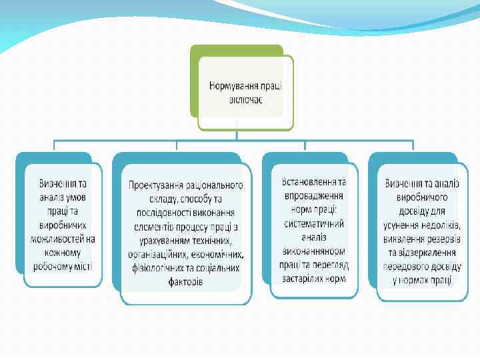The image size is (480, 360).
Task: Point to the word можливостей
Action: [x=57, y=239]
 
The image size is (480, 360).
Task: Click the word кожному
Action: [x=63, y=253]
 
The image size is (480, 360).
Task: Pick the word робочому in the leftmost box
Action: [x=55, y=267]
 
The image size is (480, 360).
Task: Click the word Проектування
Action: [x=159, y=185]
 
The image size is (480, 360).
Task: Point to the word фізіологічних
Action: [x=157, y=268]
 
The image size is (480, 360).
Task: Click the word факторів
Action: [x=186, y=282]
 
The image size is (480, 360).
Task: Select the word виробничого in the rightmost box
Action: [x=421, y=197]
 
